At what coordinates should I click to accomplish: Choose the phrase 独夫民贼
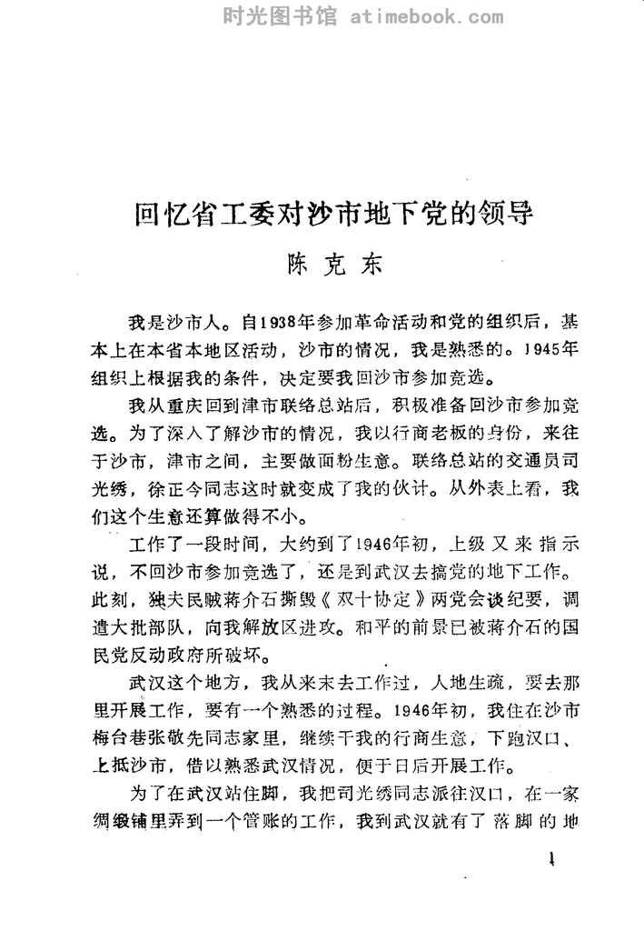coord(171,602)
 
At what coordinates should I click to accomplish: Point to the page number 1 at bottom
coord(552,862)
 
